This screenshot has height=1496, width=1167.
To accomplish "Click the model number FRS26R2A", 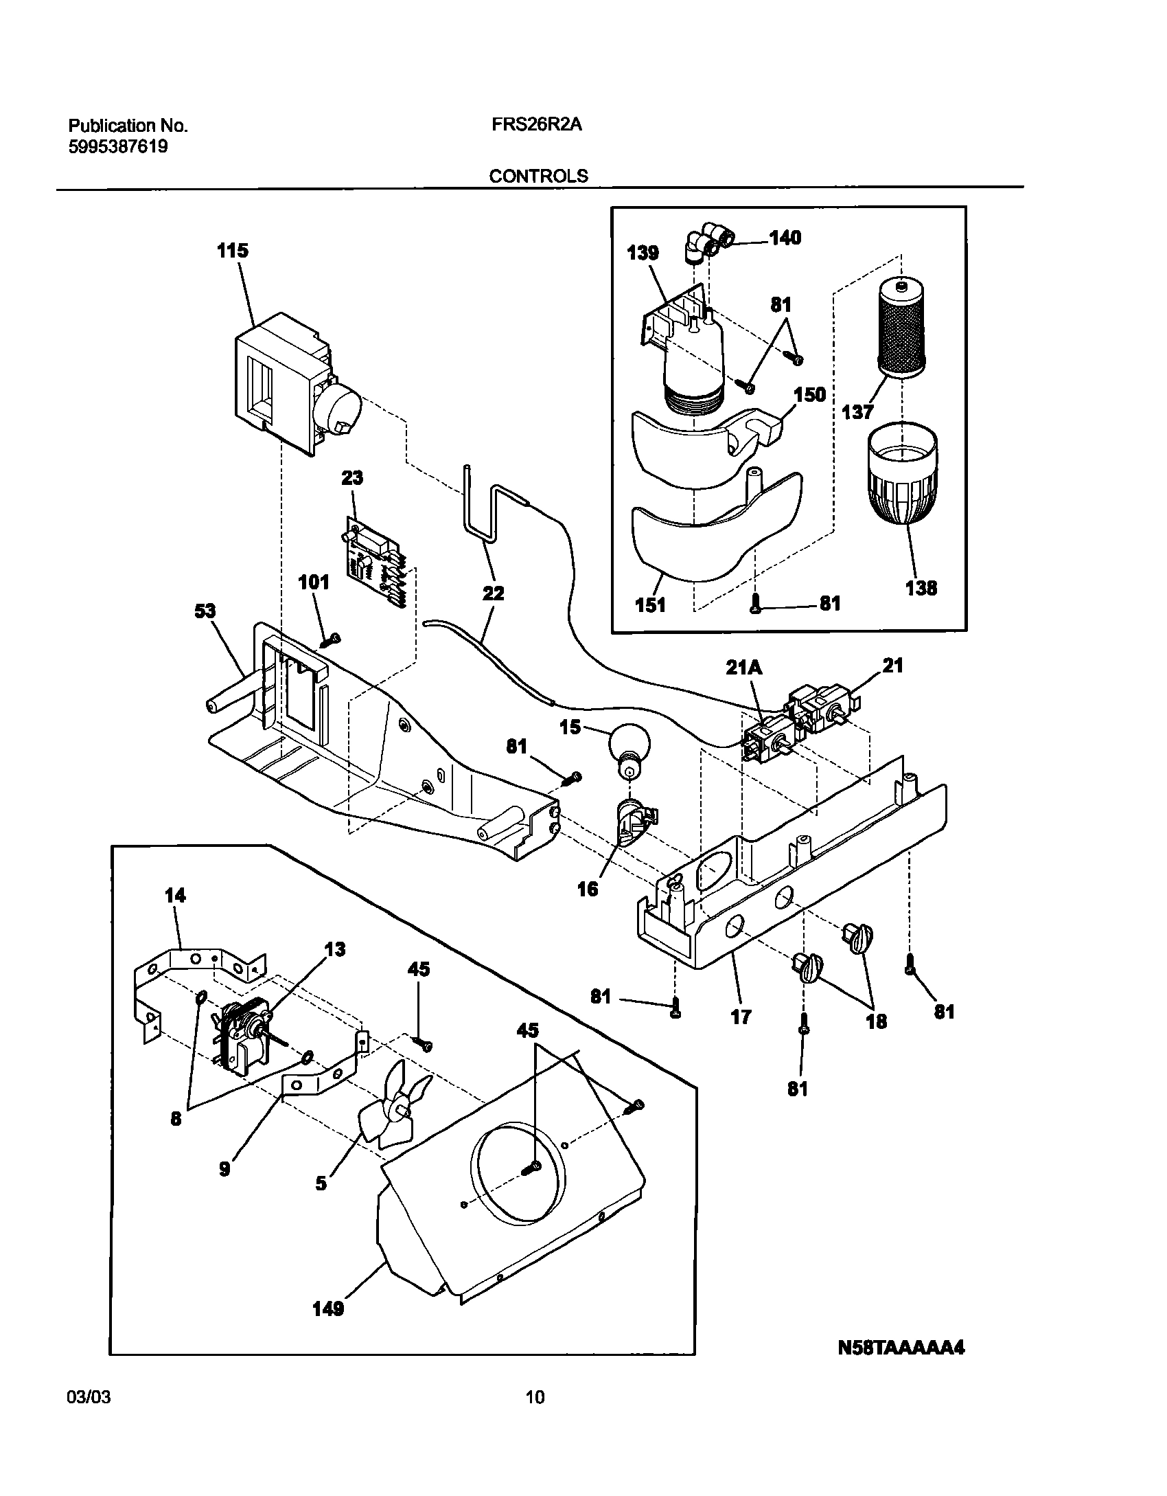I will (x=537, y=126).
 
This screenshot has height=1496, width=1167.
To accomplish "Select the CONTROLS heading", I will (x=538, y=177).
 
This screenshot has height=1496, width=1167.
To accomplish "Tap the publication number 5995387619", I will (x=118, y=146).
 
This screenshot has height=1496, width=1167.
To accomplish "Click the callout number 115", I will (x=233, y=251).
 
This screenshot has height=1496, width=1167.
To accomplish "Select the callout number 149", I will (x=327, y=1310).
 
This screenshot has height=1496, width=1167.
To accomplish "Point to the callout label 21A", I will (x=744, y=667).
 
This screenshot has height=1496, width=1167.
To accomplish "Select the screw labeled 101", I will (x=332, y=640).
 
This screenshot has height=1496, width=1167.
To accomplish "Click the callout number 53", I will (x=205, y=611).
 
